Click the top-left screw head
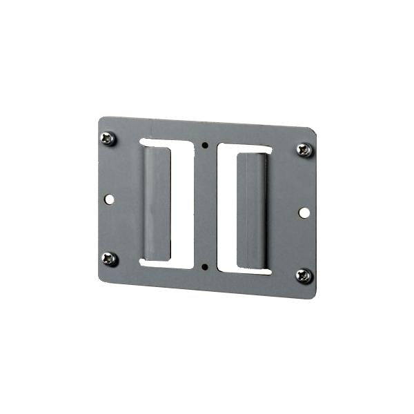108,139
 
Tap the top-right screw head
304,150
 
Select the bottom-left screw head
109,259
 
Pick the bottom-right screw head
304,276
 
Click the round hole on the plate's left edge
109,199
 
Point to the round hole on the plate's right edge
304,212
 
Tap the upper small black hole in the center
206,145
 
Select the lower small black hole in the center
205,266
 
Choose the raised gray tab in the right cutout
251,211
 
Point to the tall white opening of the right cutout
227,207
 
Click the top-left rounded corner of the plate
101,120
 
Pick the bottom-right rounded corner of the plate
312,295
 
